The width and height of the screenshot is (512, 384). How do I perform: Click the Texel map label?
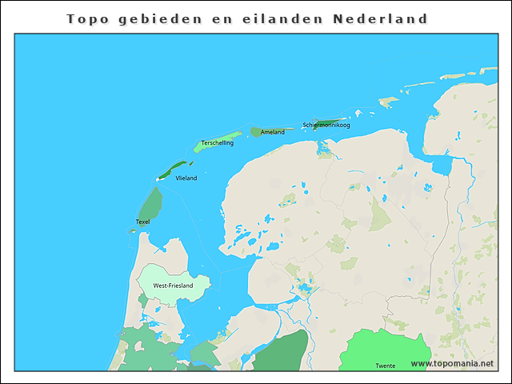[x=142, y=222]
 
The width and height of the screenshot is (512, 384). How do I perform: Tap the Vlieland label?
[x=186, y=178]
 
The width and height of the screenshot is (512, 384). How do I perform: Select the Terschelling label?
[x=217, y=143]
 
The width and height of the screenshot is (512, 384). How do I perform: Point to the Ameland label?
[x=272, y=132]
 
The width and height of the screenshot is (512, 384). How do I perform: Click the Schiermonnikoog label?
[x=326, y=125]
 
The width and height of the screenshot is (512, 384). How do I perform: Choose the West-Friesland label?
[x=173, y=286]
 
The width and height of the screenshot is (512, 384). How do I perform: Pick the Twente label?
[x=385, y=366]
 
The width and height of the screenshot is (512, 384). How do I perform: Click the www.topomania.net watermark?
[x=452, y=363]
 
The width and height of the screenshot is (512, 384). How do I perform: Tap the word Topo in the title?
[x=86, y=18]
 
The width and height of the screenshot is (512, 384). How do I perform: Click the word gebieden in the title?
[x=159, y=18]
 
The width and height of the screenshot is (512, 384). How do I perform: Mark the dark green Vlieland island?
[x=172, y=169]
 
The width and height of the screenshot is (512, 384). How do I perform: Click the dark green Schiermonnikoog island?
[x=336, y=122]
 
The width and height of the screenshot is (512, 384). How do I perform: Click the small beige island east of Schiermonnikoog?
[x=389, y=102]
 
